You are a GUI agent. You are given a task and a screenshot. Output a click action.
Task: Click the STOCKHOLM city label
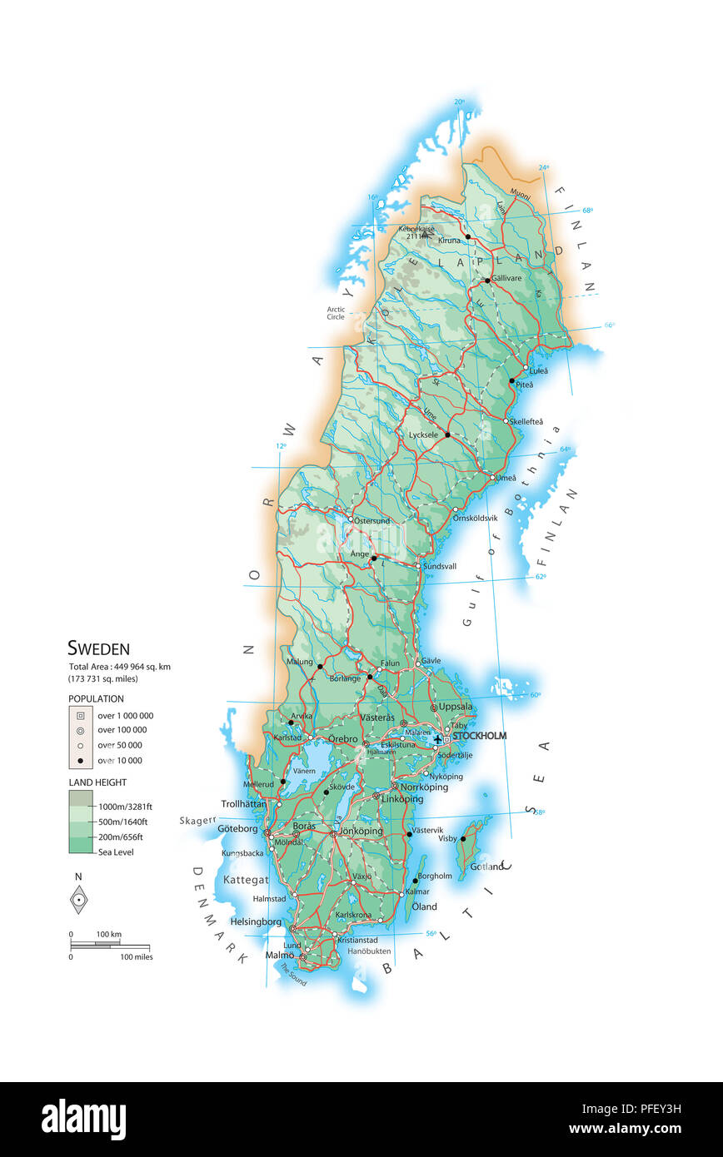click(x=479, y=736)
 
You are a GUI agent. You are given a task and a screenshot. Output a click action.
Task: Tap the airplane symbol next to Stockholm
click(x=438, y=738)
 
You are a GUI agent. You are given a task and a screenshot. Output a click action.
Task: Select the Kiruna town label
click(x=449, y=241)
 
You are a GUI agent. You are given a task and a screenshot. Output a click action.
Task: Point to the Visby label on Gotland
click(x=447, y=838)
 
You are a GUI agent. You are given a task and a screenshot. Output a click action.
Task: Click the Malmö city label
click(x=279, y=955)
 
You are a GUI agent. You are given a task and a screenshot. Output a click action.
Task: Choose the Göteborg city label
click(x=239, y=829)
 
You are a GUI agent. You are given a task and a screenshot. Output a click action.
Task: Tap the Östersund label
click(x=371, y=521)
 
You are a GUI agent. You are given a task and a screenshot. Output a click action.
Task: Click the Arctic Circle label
click(x=336, y=313)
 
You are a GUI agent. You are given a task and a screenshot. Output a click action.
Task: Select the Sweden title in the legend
click(x=98, y=648)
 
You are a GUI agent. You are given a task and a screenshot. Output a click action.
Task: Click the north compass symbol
click(x=78, y=899)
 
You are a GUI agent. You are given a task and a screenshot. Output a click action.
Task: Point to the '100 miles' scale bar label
click(x=137, y=957)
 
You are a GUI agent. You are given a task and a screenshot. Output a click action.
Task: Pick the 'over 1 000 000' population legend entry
click(x=125, y=716)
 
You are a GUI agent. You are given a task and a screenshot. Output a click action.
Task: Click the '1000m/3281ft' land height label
click(x=125, y=807)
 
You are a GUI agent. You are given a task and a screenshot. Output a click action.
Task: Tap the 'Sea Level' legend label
click(x=116, y=852)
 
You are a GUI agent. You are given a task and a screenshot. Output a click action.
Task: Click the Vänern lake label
click(x=303, y=771)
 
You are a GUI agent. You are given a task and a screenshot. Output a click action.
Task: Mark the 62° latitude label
click(x=541, y=577)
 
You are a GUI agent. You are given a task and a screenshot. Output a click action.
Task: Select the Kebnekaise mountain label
click(x=417, y=228)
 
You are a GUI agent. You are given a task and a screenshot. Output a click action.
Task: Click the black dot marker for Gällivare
click(x=487, y=281)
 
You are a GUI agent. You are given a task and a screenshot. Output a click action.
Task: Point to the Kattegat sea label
click(x=246, y=880)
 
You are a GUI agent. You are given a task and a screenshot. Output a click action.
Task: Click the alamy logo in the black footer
click(x=83, y=1120)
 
